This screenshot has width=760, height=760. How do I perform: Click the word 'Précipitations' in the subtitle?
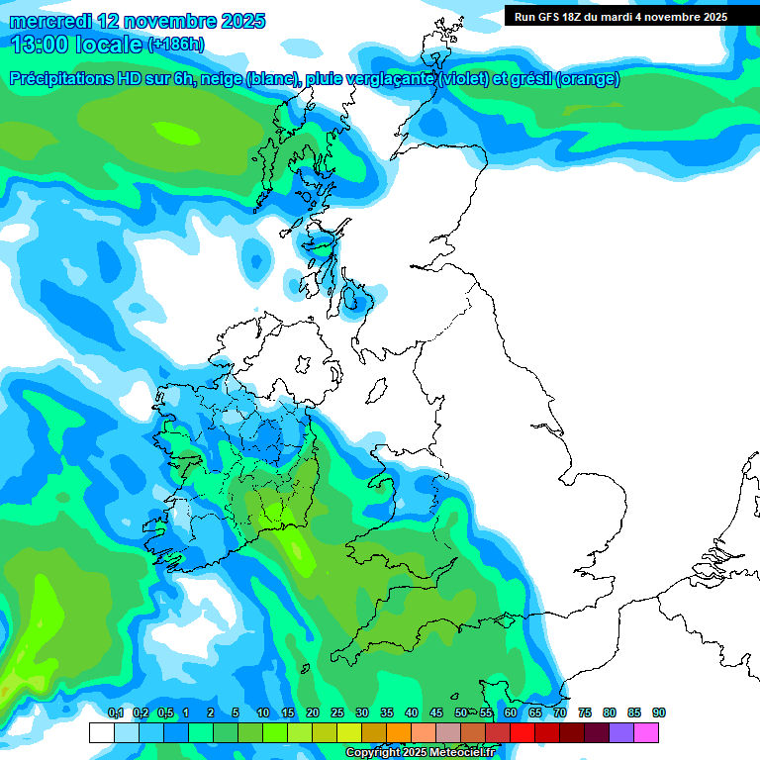69,79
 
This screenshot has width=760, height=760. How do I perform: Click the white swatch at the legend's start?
101,733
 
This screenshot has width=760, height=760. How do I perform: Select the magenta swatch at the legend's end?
646,733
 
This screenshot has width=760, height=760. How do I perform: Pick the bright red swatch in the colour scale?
522,733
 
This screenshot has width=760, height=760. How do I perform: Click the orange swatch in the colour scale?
398,733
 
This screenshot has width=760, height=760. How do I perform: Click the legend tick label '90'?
659,713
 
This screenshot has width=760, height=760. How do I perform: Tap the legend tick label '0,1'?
115,713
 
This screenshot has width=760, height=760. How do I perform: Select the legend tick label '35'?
387,713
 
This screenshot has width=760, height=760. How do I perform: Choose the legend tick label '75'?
585,713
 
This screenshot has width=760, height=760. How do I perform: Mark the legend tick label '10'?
263,713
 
